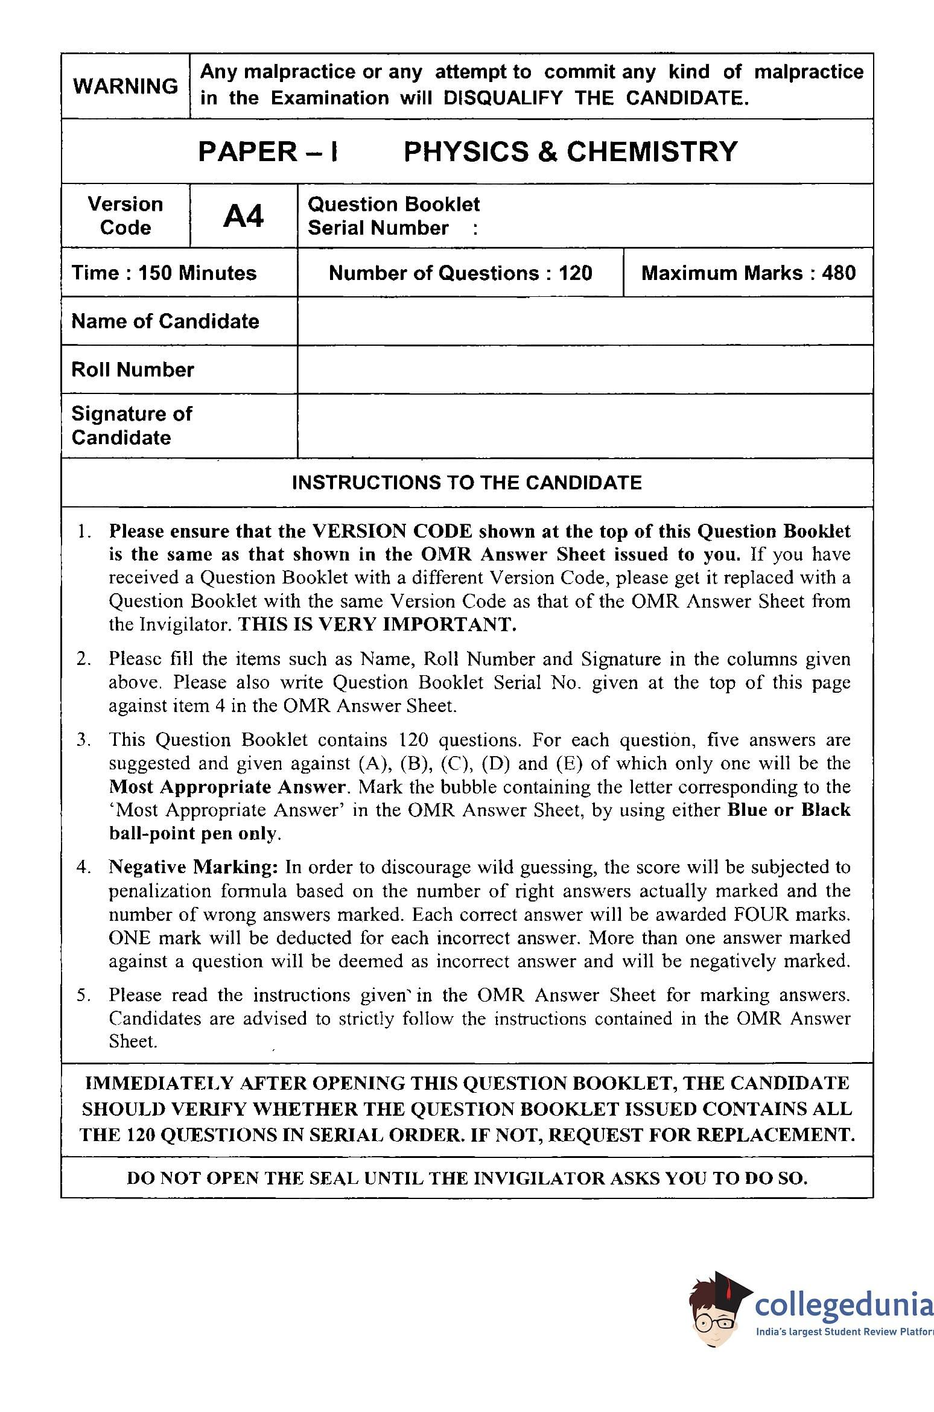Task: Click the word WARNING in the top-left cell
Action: coord(125,86)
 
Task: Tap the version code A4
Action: coord(243,216)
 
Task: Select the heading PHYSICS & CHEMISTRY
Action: coord(570,151)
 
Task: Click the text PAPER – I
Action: coord(268,151)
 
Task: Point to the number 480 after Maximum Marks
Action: coord(839,273)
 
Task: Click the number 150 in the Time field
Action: coord(157,273)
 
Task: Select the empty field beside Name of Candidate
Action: coord(585,321)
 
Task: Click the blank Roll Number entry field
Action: coord(585,369)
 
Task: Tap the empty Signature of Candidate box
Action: coord(585,425)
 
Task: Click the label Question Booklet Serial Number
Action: coord(393,216)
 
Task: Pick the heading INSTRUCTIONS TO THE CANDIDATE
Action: coord(466,483)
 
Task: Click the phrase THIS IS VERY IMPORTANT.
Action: coord(377,625)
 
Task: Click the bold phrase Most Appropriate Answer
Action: coord(227,787)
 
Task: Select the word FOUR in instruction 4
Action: coord(761,914)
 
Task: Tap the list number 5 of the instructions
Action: coord(83,995)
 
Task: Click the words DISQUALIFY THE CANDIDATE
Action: coord(596,98)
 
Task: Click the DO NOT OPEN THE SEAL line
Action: coord(466,1178)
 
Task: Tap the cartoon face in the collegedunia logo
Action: coord(716,1318)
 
